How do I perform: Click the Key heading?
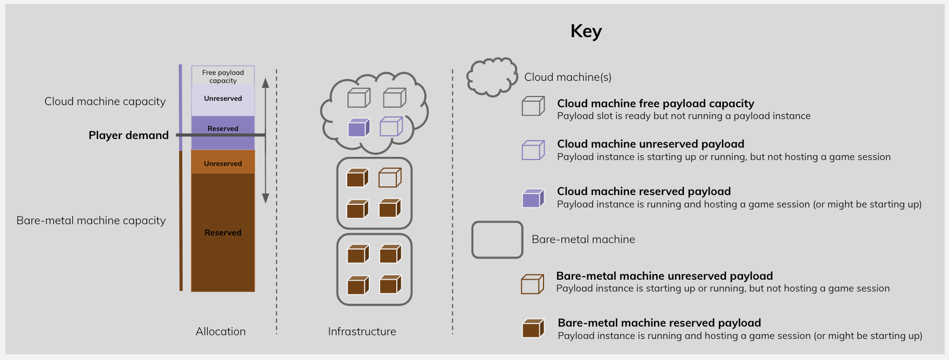pyautogui.click(x=586, y=31)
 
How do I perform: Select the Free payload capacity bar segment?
pyautogui.click(x=223, y=76)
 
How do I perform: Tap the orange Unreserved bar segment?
pyautogui.click(x=223, y=163)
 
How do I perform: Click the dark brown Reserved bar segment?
pyautogui.click(x=223, y=232)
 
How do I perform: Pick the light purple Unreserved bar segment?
pyautogui.click(x=223, y=100)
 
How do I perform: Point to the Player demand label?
pyautogui.click(x=128, y=135)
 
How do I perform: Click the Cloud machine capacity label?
pyautogui.click(x=105, y=101)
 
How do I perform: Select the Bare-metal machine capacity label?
pyautogui.click(x=91, y=220)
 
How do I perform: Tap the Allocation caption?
pyautogui.click(x=221, y=331)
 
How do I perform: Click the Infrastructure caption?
pyautogui.click(x=362, y=331)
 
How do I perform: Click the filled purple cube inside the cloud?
pyautogui.click(x=359, y=128)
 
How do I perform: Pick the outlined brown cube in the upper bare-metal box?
pyautogui.click(x=390, y=178)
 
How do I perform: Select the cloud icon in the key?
pyautogui.click(x=491, y=77)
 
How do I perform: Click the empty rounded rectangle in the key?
pyautogui.click(x=497, y=240)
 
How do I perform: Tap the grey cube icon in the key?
pyautogui.click(x=533, y=106)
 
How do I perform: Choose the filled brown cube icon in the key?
pyautogui.click(x=533, y=328)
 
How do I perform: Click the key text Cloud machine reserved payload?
pyautogui.click(x=644, y=191)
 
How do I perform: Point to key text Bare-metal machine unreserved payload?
pyautogui.click(x=664, y=276)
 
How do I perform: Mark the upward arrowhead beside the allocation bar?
pyautogui.click(x=265, y=83)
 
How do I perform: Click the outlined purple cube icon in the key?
pyautogui.click(x=533, y=150)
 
